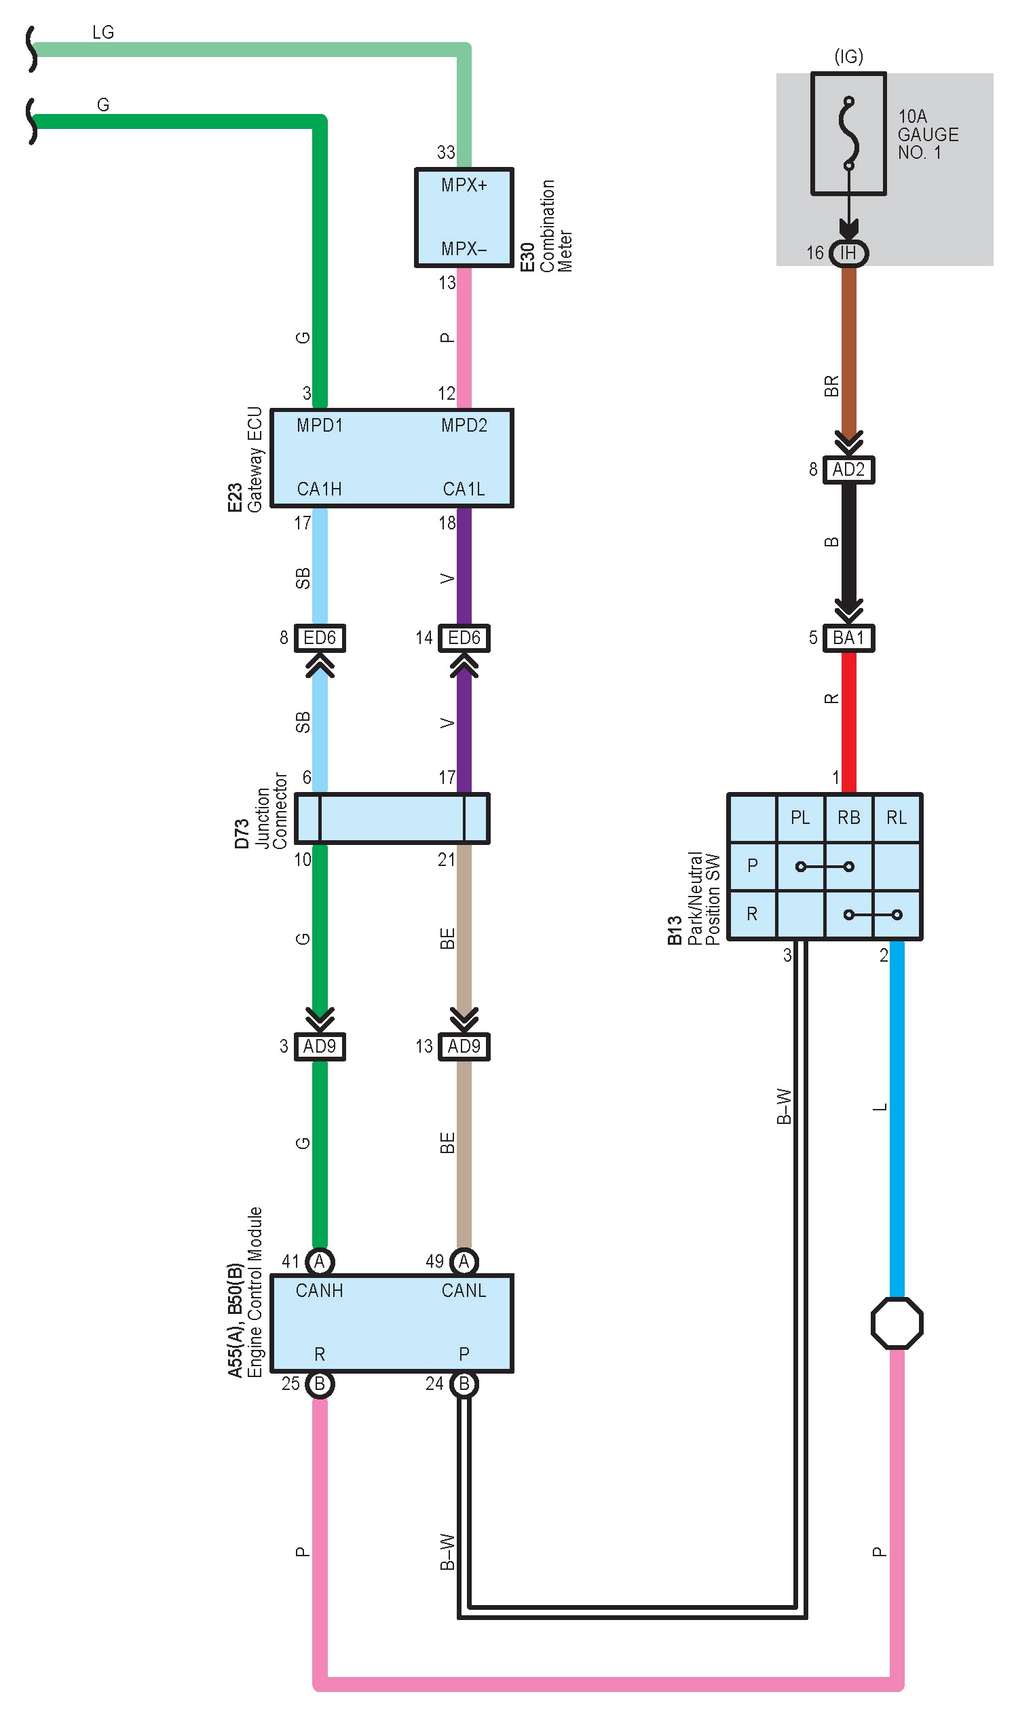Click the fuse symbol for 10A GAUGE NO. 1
(848, 134)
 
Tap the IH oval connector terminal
(848, 253)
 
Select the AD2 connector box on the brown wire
(848, 470)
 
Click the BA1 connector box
(848, 638)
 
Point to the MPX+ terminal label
(464, 185)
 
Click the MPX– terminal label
(464, 249)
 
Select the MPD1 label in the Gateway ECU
(320, 426)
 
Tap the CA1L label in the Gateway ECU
(464, 489)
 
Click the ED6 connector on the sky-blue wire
(320, 638)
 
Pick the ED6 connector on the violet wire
(464, 638)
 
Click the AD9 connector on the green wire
(320, 1046)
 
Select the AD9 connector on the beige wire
(464, 1046)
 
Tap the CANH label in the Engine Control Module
(319, 1291)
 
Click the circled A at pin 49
(464, 1261)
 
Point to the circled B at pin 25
(320, 1384)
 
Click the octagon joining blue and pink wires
(897, 1323)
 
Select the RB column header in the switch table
(848, 817)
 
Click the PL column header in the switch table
(800, 817)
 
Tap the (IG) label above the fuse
(848, 56)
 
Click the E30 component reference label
(527, 257)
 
